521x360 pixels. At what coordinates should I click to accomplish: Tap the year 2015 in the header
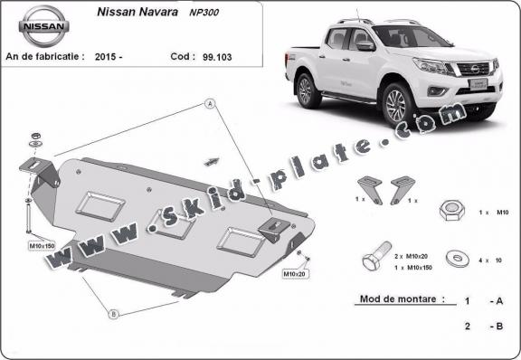(x=108, y=56)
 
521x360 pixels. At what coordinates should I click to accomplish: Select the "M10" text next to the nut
(x=499, y=211)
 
